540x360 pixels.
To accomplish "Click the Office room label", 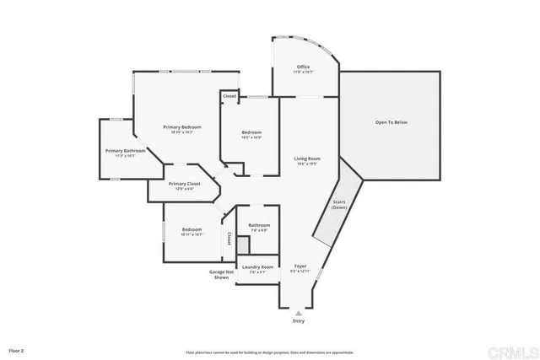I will point(303,67).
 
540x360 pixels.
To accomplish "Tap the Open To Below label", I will point(391,122).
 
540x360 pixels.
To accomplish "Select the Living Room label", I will point(306,159).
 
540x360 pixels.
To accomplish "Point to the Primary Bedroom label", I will point(182,127).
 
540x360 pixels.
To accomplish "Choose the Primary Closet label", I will point(184,184).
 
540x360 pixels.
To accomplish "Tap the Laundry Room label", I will point(258,267).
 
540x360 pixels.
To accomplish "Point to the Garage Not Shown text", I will point(220,274).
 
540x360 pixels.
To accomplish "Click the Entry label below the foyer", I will point(298,321).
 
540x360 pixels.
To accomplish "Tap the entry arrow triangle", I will point(298,312).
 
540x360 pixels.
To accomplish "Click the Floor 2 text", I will point(16,349).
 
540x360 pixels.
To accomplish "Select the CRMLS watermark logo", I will point(516,349).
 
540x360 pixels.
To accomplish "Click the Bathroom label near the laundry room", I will point(258,225).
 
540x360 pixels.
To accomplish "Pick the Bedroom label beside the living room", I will point(251,132).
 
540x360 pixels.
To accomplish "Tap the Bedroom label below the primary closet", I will point(192,230).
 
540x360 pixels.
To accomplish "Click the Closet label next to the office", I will point(229,96).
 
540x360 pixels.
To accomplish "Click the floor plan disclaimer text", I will point(270,352).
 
